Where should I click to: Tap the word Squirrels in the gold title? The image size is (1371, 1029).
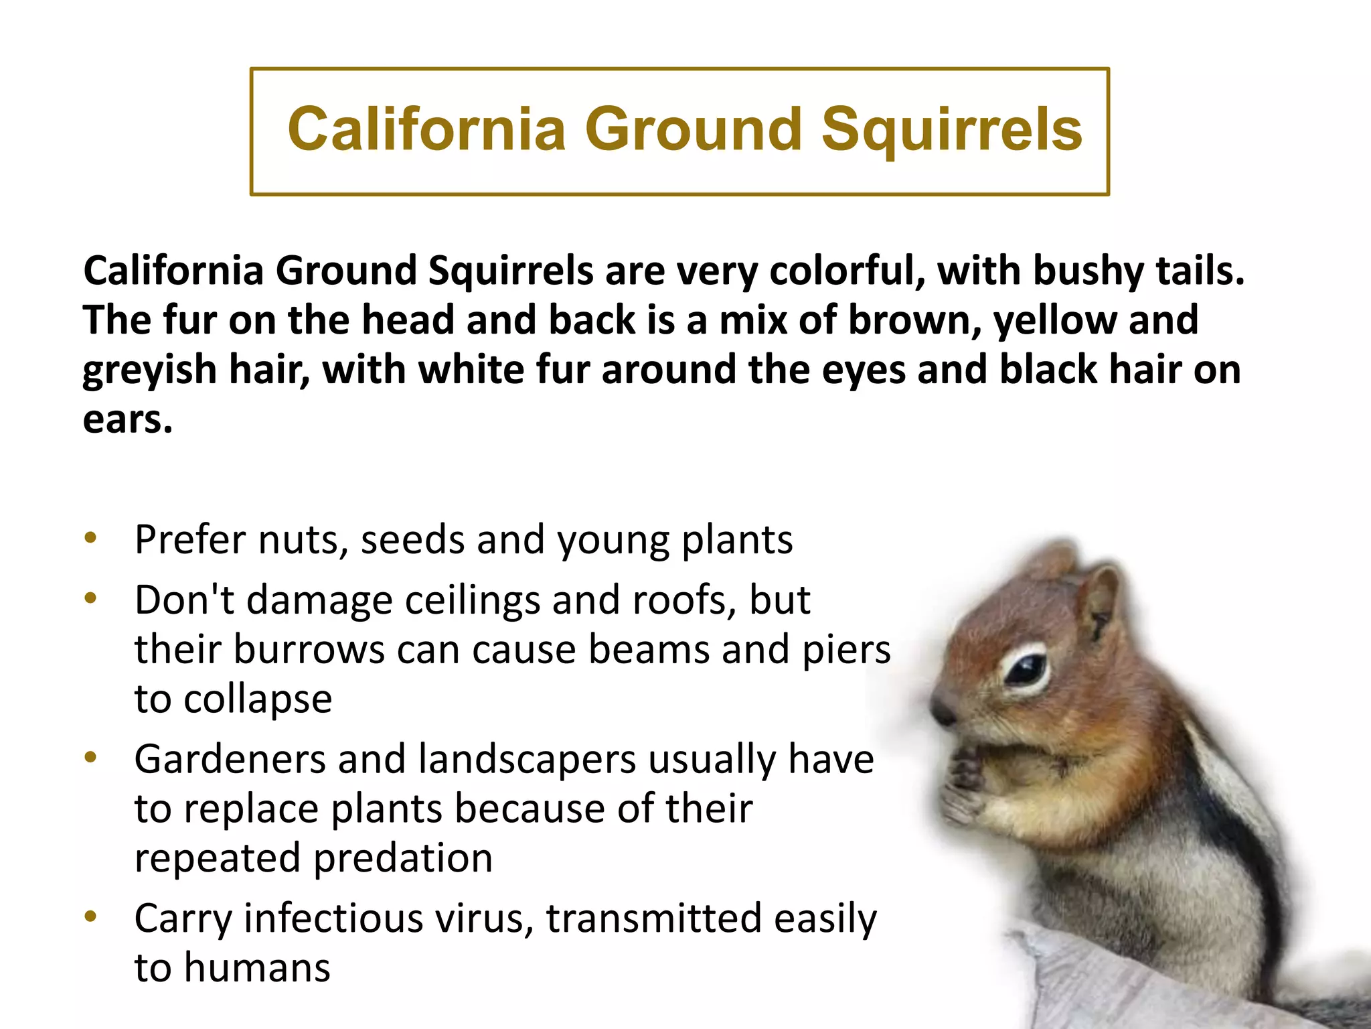pos(951,130)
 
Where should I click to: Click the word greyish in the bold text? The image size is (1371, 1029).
pos(149,370)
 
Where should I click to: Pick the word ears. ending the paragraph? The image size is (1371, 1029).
pos(127,420)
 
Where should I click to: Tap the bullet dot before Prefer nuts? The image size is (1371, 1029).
pos(91,537)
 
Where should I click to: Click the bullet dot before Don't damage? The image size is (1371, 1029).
pos(91,598)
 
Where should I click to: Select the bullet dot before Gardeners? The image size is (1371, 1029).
pos(91,757)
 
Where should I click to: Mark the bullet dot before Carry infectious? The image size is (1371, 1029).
pos(91,916)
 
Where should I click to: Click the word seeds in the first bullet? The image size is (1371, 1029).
pos(412,540)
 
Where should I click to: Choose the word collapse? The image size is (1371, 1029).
pos(257,700)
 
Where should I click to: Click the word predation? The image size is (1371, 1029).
pos(402,859)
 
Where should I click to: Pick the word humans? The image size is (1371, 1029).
pos(257,968)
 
